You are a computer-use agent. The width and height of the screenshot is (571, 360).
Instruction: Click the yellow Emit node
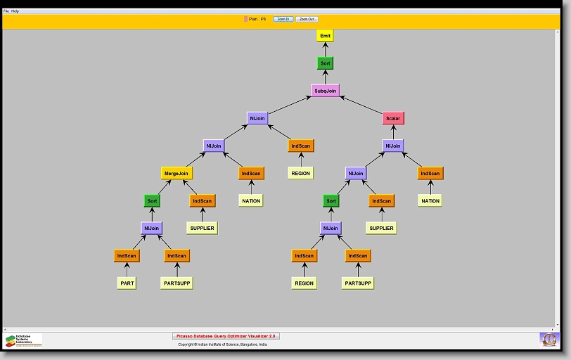click(324, 36)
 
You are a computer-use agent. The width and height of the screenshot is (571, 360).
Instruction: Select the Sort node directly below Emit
click(324, 63)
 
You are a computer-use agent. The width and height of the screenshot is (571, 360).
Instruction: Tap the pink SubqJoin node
click(325, 91)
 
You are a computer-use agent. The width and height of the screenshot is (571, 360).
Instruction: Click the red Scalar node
click(393, 118)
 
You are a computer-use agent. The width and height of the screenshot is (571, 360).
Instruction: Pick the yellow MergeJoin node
click(177, 173)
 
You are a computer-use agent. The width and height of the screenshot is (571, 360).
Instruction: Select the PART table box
click(127, 283)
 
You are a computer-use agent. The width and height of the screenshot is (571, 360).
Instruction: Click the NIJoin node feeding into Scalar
click(393, 146)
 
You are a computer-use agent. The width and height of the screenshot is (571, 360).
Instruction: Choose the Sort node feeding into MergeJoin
click(152, 200)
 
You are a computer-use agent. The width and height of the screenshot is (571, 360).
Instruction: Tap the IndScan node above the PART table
click(127, 256)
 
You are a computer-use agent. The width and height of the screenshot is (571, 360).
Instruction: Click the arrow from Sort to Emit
click(324, 49)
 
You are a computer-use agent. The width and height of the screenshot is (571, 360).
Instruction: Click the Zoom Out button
click(307, 19)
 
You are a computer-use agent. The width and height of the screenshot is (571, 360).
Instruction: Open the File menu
click(6, 11)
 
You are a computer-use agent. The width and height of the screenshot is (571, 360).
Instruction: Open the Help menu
click(15, 11)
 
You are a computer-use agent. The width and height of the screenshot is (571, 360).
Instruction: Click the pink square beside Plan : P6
click(245, 19)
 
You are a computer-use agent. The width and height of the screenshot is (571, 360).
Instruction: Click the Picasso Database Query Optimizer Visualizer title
click(226, 336)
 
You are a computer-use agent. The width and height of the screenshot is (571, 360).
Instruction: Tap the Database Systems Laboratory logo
click(23, 340)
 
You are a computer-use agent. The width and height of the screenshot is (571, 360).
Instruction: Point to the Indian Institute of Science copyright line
click(222, 345)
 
